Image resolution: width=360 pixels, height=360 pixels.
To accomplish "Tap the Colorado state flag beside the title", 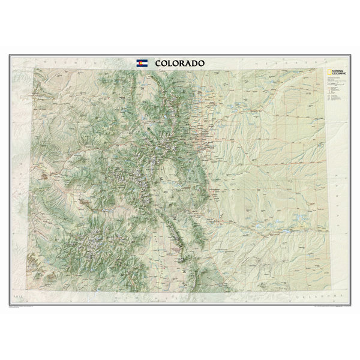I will click(142, 63).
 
